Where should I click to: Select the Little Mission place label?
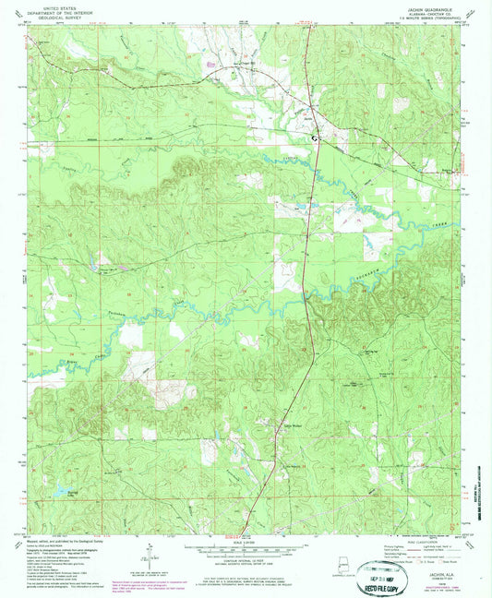(292, 425)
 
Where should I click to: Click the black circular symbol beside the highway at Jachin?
(316, 138)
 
